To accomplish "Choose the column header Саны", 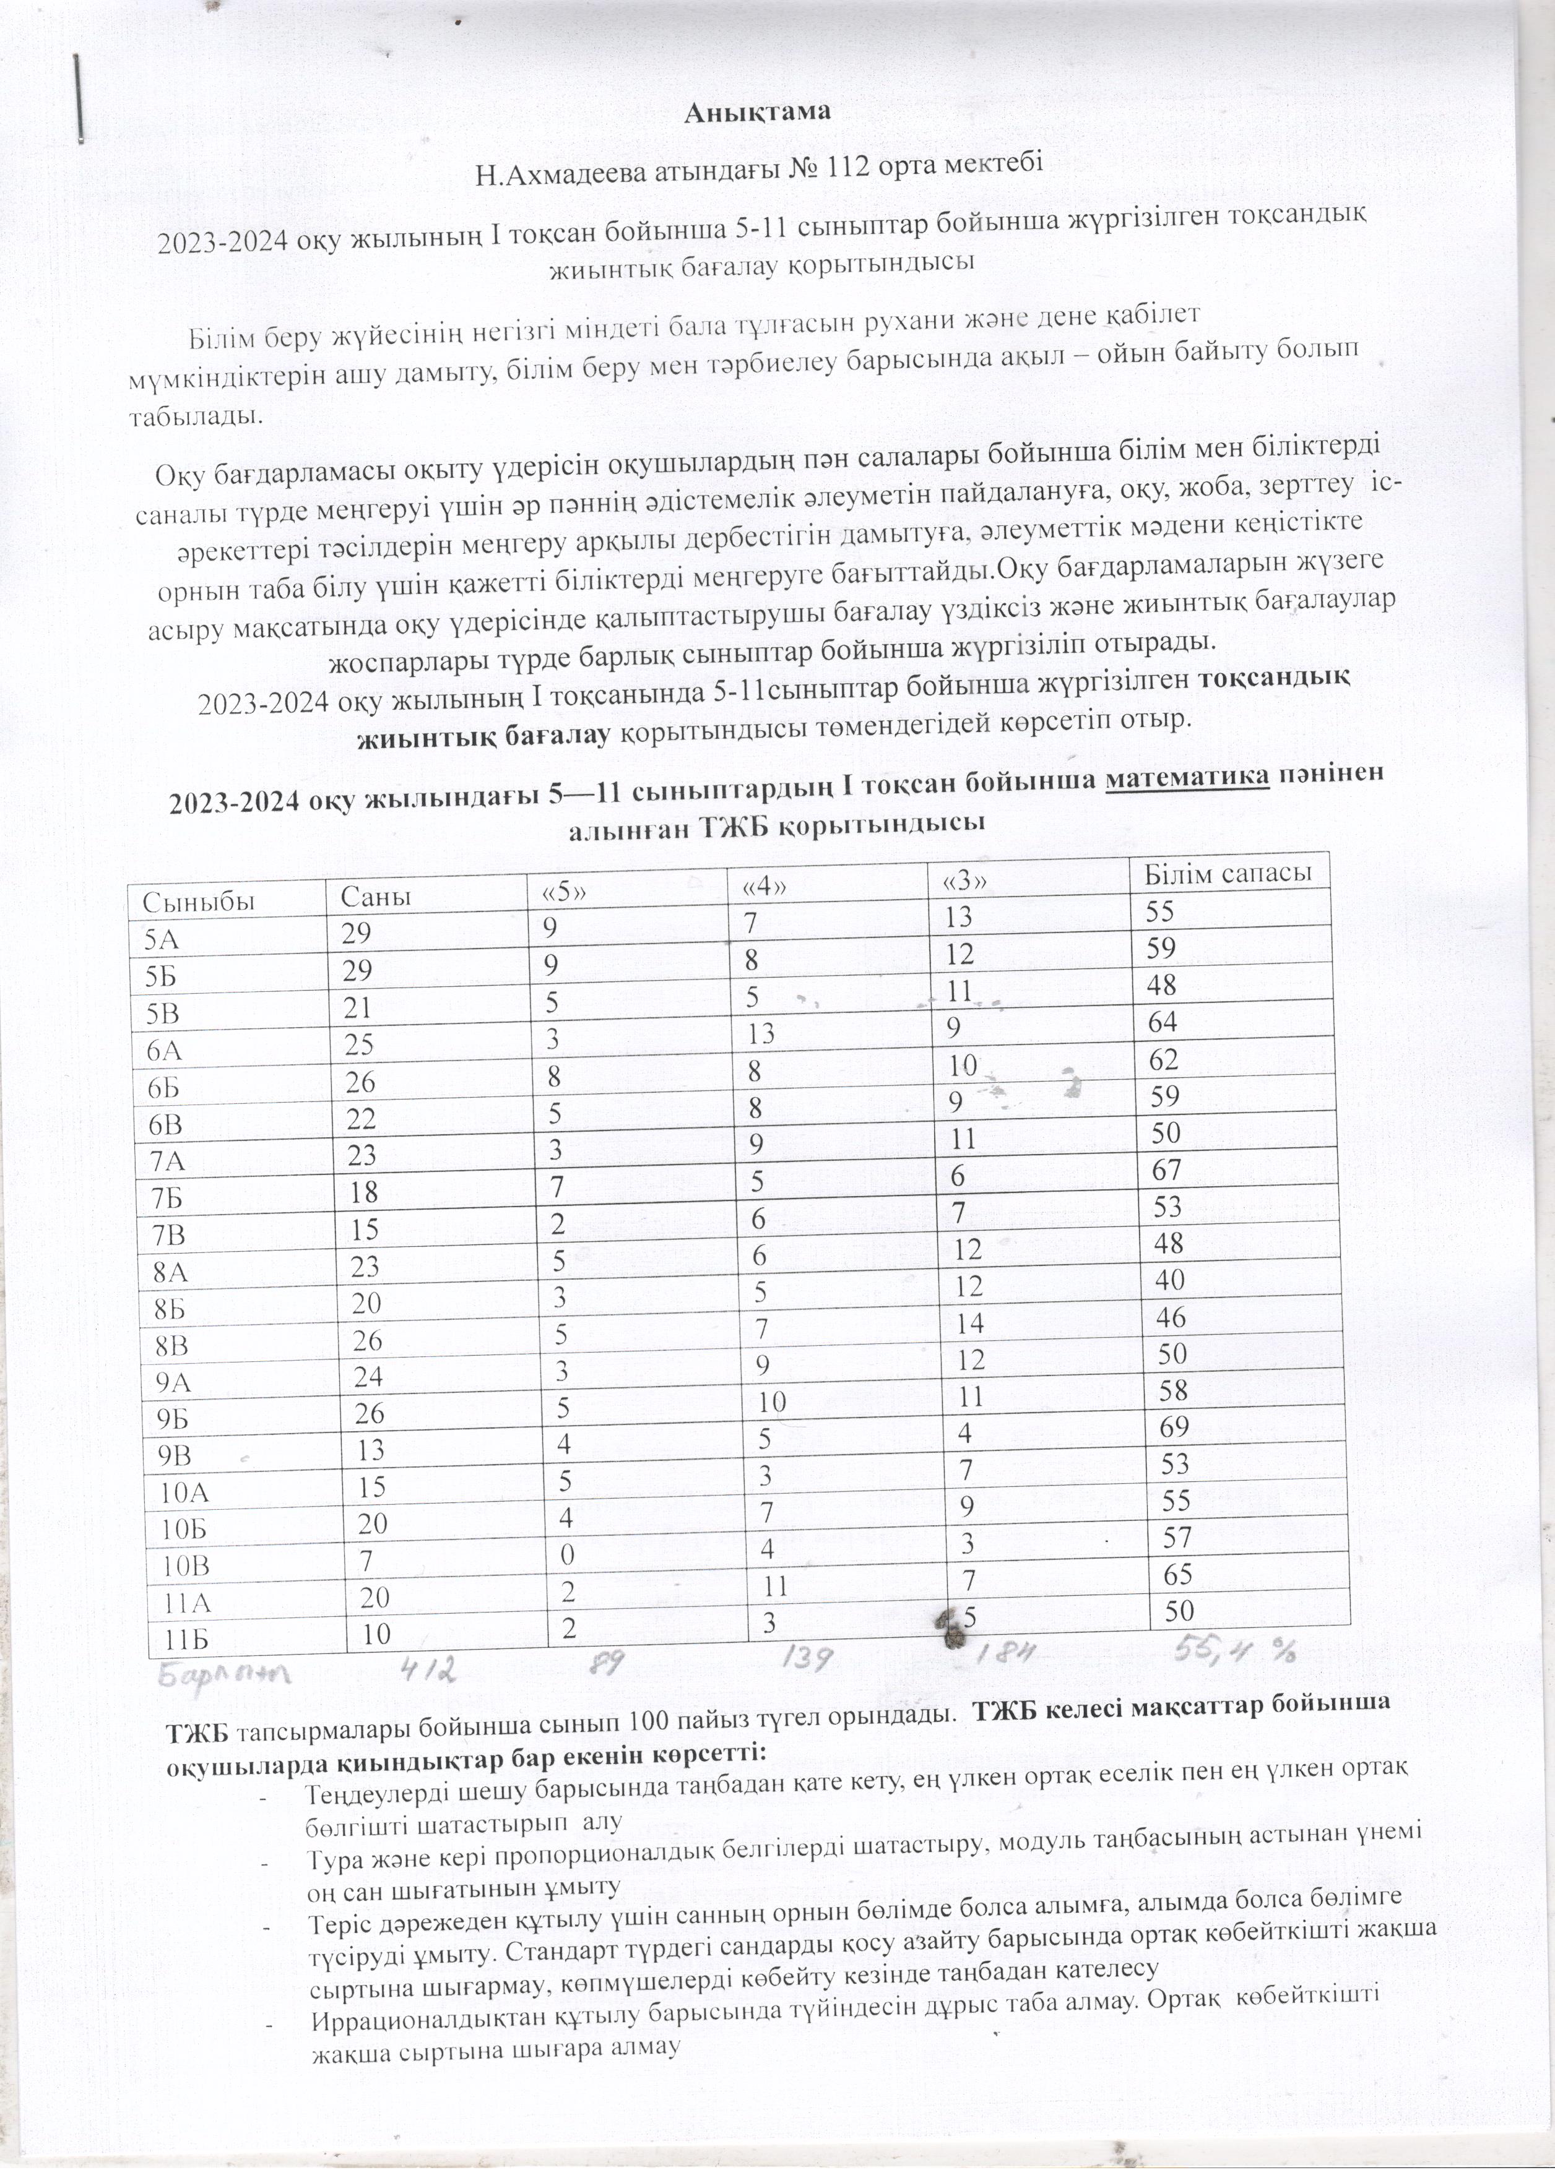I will click(x=377, y=895).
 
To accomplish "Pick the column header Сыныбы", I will click(x=199, y=902).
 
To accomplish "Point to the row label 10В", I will click(x=184, y=1564).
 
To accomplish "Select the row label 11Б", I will click(x=184, y=1639).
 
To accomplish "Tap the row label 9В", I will click(x=172, y=1454).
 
